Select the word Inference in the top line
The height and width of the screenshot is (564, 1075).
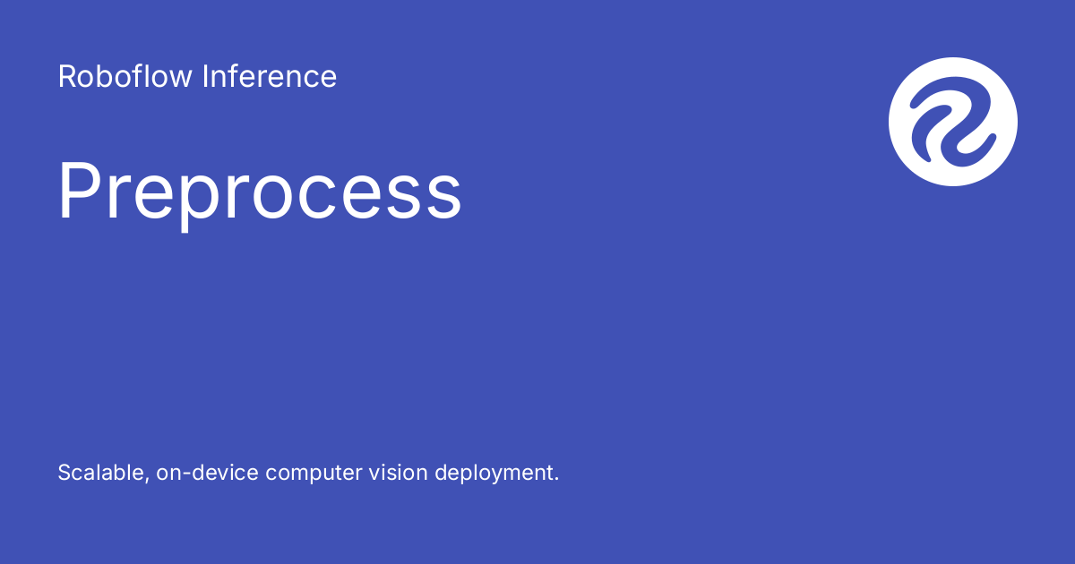[x=270, y=76]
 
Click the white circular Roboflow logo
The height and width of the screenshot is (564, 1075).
[x=952, y=122]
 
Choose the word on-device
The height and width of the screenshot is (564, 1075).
[x=207, y=473]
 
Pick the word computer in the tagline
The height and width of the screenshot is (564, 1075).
[x=314, y=474]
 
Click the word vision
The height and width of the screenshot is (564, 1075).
[x=398, y=473]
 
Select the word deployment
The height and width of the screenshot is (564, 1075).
[x=494, y=474]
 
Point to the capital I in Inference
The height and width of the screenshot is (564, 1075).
[x=205, y=77]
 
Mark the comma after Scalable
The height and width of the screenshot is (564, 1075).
[x=146, y=480]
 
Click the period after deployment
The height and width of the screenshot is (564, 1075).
[x=555, y=479]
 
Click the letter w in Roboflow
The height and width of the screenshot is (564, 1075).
[x=178, y=80]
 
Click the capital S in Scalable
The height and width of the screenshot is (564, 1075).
[x=65, y=473]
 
